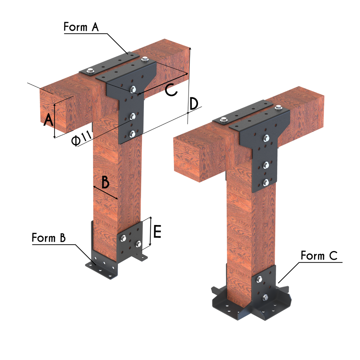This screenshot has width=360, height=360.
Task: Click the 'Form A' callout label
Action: [81, 27]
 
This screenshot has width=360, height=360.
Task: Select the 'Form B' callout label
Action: [49, 238]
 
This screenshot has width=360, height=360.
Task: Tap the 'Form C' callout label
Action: [319, 256]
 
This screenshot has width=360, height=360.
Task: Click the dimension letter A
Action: [48, 120]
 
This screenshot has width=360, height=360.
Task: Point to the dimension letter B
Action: [105, 182]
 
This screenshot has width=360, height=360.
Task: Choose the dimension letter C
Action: [171, 90]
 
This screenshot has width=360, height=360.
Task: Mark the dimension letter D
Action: [194, 104]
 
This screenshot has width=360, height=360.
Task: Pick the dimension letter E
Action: [157, 232]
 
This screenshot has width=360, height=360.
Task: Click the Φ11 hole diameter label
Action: [82, 139]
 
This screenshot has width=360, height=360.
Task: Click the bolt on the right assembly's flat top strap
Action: [223, 121]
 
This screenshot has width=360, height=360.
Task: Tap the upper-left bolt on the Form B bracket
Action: [123, 238]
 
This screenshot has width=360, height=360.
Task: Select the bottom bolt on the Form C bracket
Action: [265, 298]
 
